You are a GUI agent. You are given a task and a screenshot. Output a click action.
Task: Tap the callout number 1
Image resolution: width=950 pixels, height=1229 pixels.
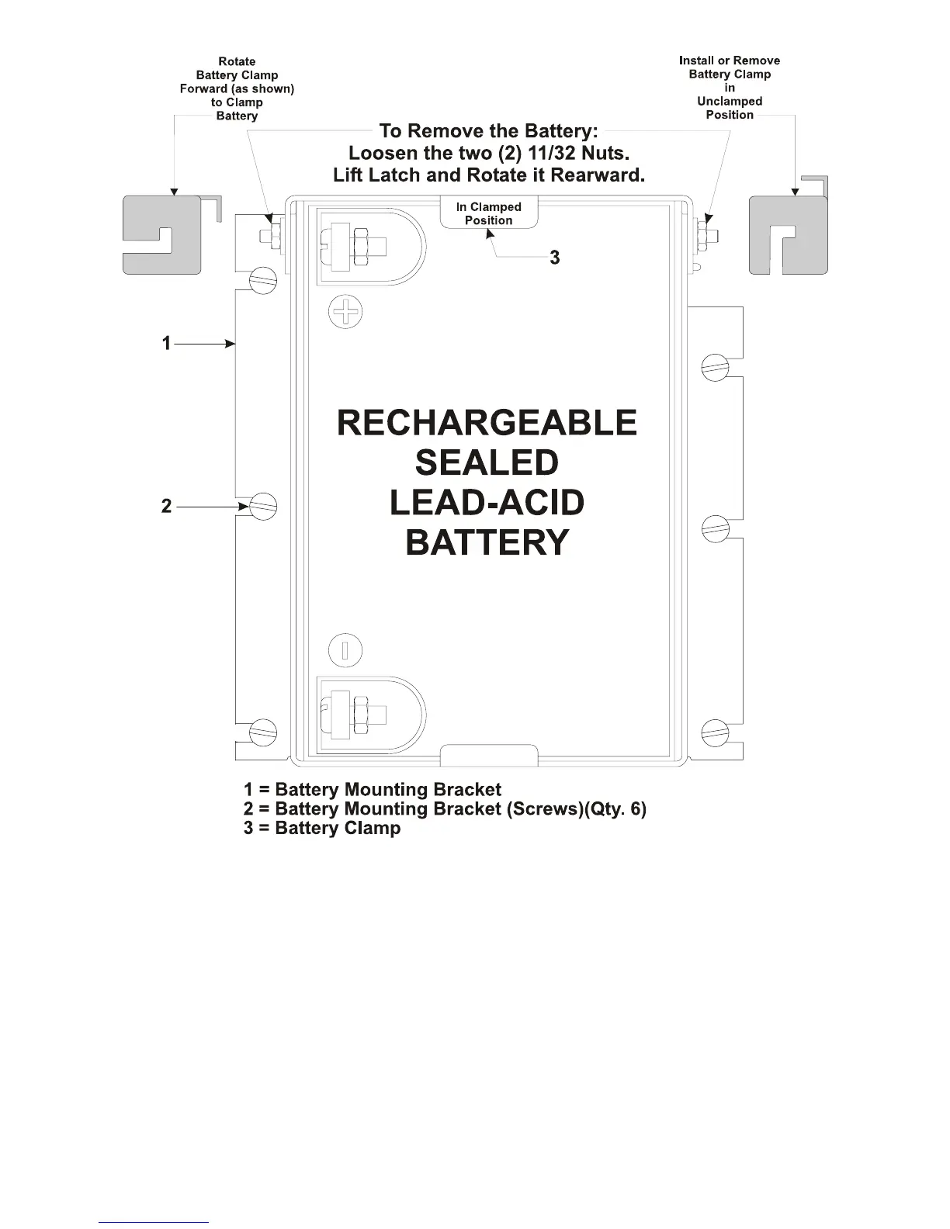point(166,343)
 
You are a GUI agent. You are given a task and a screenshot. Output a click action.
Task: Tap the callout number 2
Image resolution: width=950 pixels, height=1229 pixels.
point(166,507)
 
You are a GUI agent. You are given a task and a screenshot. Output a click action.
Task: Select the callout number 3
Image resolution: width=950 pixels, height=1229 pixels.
point(555,258)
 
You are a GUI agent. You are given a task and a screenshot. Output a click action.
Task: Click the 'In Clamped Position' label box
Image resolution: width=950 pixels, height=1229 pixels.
point(489,213)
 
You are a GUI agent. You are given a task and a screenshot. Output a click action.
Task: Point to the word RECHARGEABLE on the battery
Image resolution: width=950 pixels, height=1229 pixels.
point(487,424)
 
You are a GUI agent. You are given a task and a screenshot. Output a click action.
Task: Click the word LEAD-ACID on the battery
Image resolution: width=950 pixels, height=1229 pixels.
point(487,503)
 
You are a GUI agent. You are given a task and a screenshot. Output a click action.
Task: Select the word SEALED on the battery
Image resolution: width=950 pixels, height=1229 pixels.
point(487,463)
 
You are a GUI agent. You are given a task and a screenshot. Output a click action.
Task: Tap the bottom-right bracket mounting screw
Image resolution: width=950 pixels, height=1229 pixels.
point(716,732)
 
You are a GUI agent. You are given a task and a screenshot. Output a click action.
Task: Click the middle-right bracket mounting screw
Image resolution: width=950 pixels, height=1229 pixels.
point(716,530)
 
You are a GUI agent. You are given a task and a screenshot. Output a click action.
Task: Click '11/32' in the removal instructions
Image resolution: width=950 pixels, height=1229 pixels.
point(552,154)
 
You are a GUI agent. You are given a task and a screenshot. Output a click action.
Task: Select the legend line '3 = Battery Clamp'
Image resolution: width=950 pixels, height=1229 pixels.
point(322,828)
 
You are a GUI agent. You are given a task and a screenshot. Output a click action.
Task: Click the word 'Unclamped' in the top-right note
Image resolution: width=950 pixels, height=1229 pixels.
point(730,101)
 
